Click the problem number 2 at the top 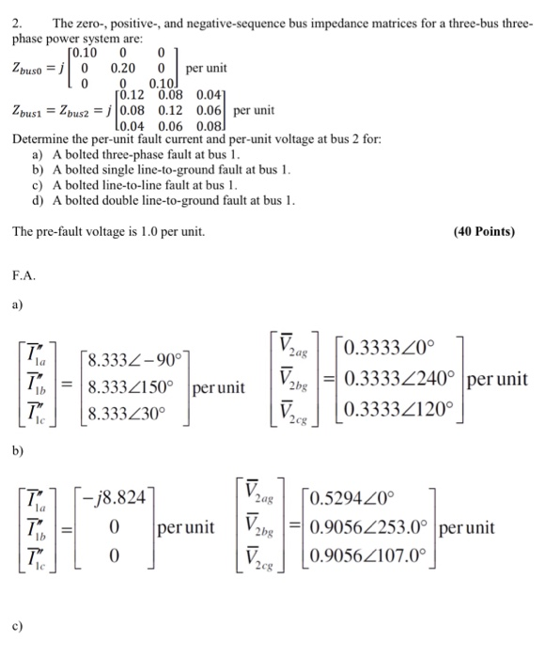[16, 21]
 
